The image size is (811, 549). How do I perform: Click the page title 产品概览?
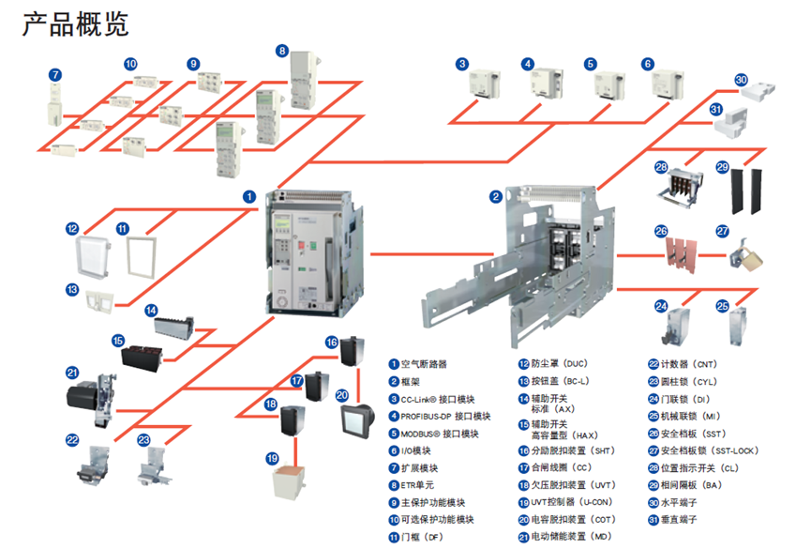[76, 24]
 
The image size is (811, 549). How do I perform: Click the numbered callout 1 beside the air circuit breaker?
[249, 197]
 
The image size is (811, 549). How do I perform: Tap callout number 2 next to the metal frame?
[495, 197]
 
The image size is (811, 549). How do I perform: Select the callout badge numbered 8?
[282, 50]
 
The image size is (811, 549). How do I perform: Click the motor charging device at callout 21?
[91, 393]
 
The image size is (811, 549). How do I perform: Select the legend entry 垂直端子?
[683, 519]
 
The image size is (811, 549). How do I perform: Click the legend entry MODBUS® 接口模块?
[440, 434]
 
